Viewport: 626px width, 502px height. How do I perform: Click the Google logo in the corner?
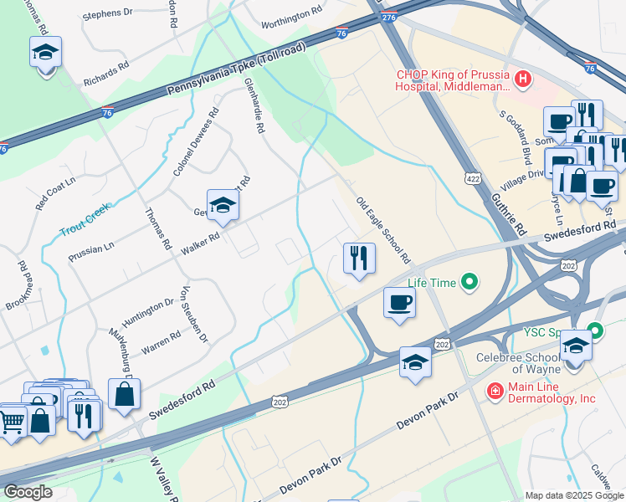pos(27,492)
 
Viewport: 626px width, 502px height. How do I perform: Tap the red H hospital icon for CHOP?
pos(523,79)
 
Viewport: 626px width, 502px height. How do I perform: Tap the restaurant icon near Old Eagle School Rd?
pos(359,259)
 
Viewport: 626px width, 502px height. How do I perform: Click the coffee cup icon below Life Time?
pos(399,302)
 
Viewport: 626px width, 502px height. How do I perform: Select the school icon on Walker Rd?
pos(223,204)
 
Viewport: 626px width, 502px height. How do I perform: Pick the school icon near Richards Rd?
pos(45,53)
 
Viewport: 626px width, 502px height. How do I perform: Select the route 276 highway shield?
pos(387,17)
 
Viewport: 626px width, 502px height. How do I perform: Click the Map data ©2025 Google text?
pos(574,495)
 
